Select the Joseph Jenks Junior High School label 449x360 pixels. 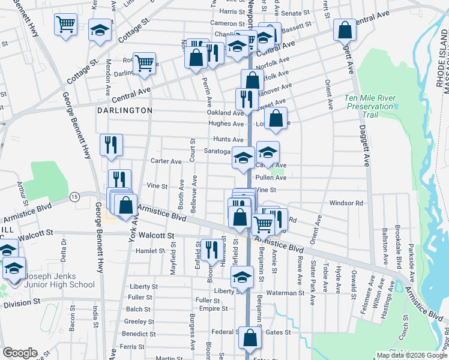[59, 280]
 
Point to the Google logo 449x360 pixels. [20, 353]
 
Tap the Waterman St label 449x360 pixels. [286, 293]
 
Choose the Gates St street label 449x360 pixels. [278, 332]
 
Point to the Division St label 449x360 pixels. [21, 304]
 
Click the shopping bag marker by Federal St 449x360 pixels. [250, 338]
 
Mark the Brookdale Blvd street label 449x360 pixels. [399, 243]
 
